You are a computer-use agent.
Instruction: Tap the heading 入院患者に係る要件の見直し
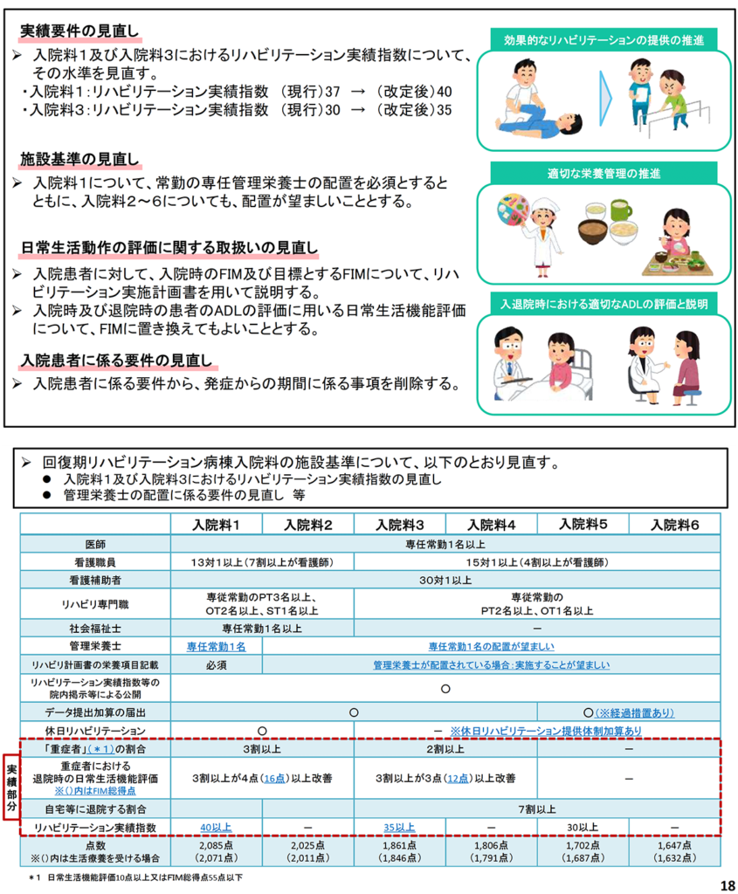(x=116, y=360)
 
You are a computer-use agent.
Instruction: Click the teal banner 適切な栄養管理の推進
(x=603, y=172)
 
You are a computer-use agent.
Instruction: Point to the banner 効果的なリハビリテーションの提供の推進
(x=603, y=40)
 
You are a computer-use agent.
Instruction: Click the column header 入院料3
(x=399, y=525)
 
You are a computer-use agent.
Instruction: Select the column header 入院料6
(x=676, y=525)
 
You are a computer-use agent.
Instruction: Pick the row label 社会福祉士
(x=96, y=628)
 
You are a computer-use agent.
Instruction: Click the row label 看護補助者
(x=96, y=580)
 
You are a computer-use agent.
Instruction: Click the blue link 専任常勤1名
(x=217, y=647)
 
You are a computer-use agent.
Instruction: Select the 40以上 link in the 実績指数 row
(x=217, y=826)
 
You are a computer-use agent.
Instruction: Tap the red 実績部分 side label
(x=11, y=787)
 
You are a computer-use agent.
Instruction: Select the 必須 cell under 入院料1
(x=217, y=665)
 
